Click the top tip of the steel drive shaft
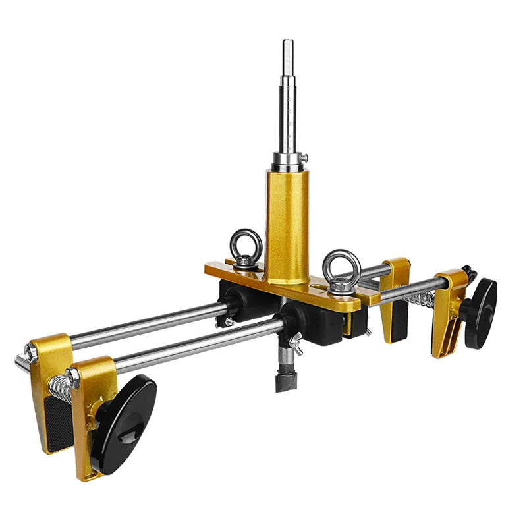[289, 43]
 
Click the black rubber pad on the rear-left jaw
[58, 422]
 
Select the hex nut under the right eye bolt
[339, 285]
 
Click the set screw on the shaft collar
[306, 157]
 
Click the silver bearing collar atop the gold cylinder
[287, 161]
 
